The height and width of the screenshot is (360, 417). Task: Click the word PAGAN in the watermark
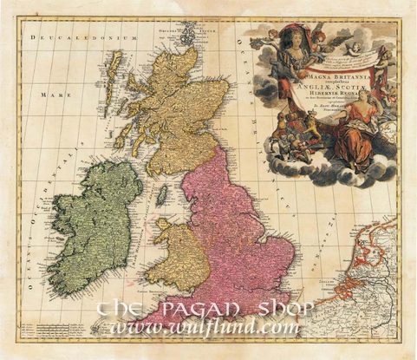198,310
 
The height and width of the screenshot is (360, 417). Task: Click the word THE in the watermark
129,310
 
